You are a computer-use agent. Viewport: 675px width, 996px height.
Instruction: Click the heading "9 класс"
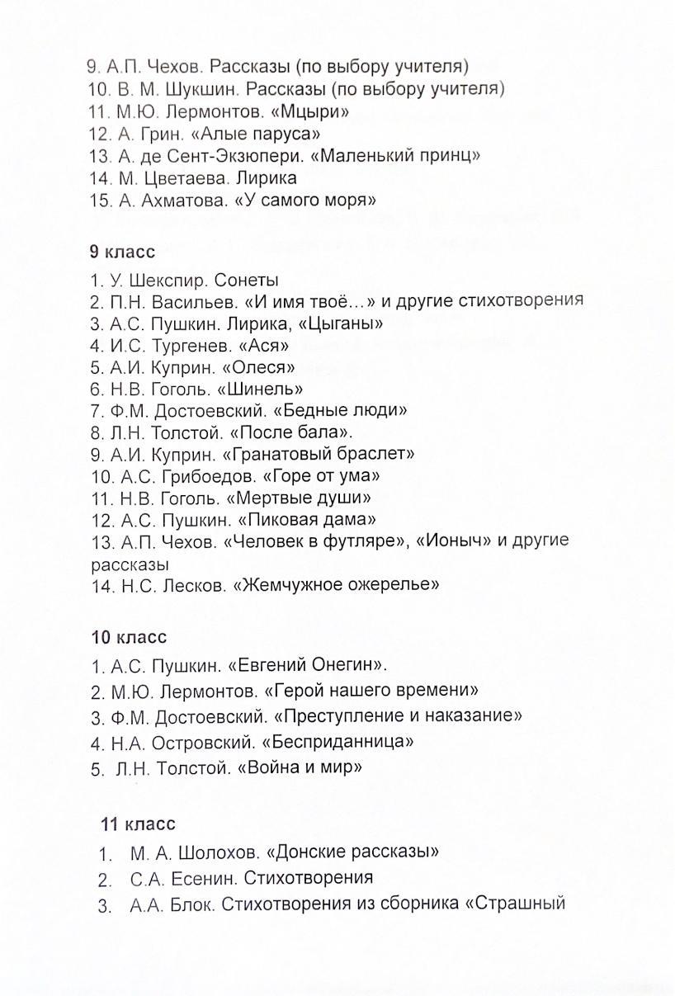[121, 253]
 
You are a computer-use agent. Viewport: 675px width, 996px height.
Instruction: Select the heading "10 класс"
[129, 637]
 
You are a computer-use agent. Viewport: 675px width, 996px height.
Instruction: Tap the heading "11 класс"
[138, 824]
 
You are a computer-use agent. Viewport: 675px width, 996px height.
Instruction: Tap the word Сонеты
[249, 280]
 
